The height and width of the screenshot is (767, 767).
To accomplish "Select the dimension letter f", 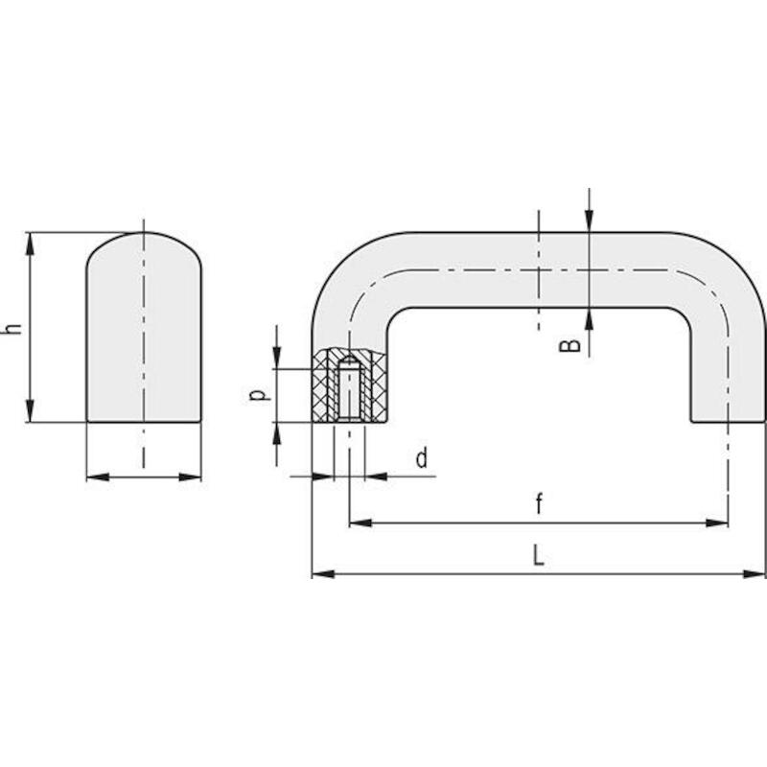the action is [539, 503].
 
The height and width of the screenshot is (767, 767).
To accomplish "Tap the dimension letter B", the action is [569, 345].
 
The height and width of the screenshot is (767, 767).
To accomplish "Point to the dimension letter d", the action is [422, 458].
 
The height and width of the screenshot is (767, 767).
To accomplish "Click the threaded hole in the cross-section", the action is [348, 389].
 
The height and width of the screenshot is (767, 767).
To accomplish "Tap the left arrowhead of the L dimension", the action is [323, 573].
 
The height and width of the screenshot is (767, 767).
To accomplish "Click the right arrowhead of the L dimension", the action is [755, 573].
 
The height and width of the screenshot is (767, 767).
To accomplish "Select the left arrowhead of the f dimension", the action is [360, 523].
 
